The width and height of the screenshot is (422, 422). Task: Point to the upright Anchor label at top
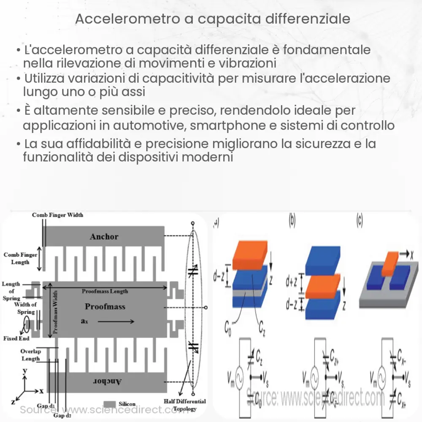(104, 236)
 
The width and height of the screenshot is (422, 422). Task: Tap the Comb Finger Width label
(58, 215)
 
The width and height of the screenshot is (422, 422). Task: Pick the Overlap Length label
(30, 355)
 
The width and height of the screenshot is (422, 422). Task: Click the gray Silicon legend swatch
(109, 403)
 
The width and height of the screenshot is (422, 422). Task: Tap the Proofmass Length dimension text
(105, 291)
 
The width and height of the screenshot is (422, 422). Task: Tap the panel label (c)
(359, 220)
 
